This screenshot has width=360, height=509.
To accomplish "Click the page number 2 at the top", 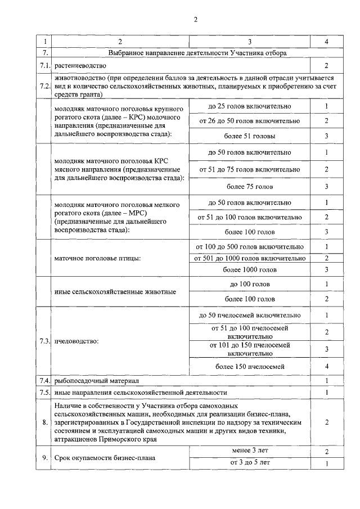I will click(195, 20).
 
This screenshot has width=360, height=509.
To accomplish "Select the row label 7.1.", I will click(45, 66).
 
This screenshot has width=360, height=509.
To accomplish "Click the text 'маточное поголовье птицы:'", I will click(97, 258).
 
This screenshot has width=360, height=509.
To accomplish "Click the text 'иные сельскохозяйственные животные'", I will click(115, 291).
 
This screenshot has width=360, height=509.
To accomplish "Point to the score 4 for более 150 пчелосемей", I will click(326, 367).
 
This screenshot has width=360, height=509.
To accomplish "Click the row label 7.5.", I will click(45, 392).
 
